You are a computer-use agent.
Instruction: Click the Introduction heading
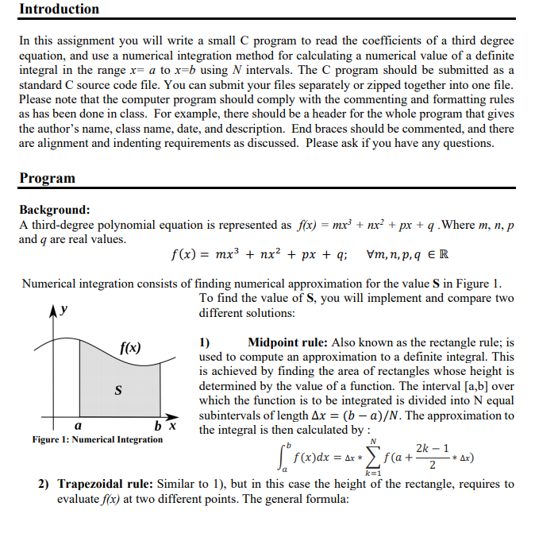(60, 10)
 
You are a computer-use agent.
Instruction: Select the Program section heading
(48, 178)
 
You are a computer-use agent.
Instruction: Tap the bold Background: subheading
(54, 210)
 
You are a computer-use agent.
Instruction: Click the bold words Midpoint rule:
(293, 343)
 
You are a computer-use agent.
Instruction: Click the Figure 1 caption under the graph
(98, 439)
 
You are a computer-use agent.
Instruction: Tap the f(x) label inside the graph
(131, 347)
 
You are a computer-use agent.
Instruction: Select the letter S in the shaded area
(118, 390)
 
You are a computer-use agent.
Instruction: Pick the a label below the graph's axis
(78, 427)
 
